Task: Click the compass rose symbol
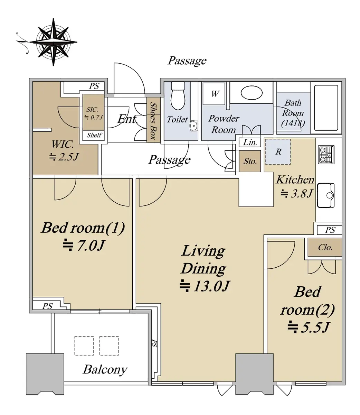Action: pyautogui.click(x=53, y=42)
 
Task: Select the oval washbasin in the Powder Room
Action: pyautogui.click(x=252, y=93)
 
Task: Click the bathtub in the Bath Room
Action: pyautogui.click(x=326, y=108)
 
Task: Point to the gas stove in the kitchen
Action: pyautogui.click(x=326, y=155)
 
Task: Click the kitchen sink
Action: pyautogui.click(x=325, y=195)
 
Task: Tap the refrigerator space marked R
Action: pyautogui.click(x=278, y=151)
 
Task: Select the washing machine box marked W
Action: pyautogui.click(x=214, y=93)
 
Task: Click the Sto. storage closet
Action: pyautogui.click(x=250, y=161)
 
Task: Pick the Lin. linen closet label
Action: pyautogui.click(x=250, y=142)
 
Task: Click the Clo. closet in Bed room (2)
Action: pyautogui.click(x=325, y=247)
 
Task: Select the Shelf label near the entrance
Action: pyautogui.click(x=94, y=135)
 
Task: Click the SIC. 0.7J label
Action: pyautogui.click(x=94, y=113)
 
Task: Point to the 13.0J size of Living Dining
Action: pyautogui.click(x=205, y=286)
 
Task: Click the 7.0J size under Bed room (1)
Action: pyautogui.click(x=84, y=245)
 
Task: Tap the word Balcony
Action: pyautogui.click(x=105, y=370)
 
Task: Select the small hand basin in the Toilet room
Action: pyautogui.click(x=194, y=126)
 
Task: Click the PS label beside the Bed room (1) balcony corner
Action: pyautogui.click(x=48, y=306)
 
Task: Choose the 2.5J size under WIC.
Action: pyautogui.click(x=64, y=157)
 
